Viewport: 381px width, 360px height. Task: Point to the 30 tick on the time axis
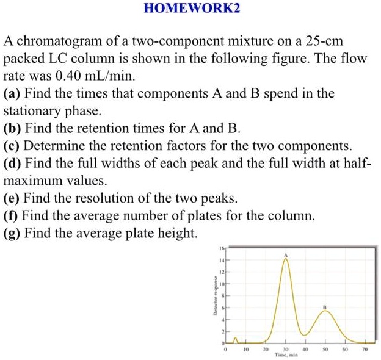tap(285, 350)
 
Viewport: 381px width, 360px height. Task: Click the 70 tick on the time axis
tap(365, 350)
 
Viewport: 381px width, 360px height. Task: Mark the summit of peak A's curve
tap(285, 259)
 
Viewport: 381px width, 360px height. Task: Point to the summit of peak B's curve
tap(325, 312)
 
